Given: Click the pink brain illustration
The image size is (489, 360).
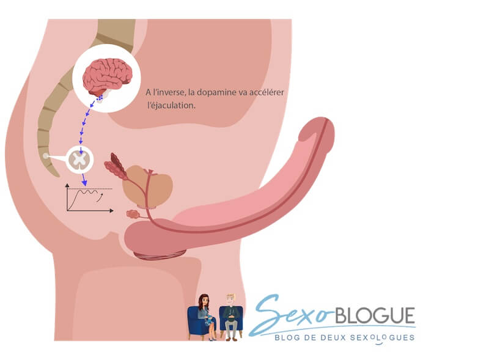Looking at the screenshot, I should point(108,75).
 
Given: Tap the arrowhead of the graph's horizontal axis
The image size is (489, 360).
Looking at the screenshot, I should point(111,211).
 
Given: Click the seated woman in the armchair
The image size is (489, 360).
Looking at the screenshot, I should point(205,315).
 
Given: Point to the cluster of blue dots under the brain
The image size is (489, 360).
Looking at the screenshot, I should point(100,98).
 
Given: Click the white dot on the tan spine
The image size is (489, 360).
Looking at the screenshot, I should point(46,156).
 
